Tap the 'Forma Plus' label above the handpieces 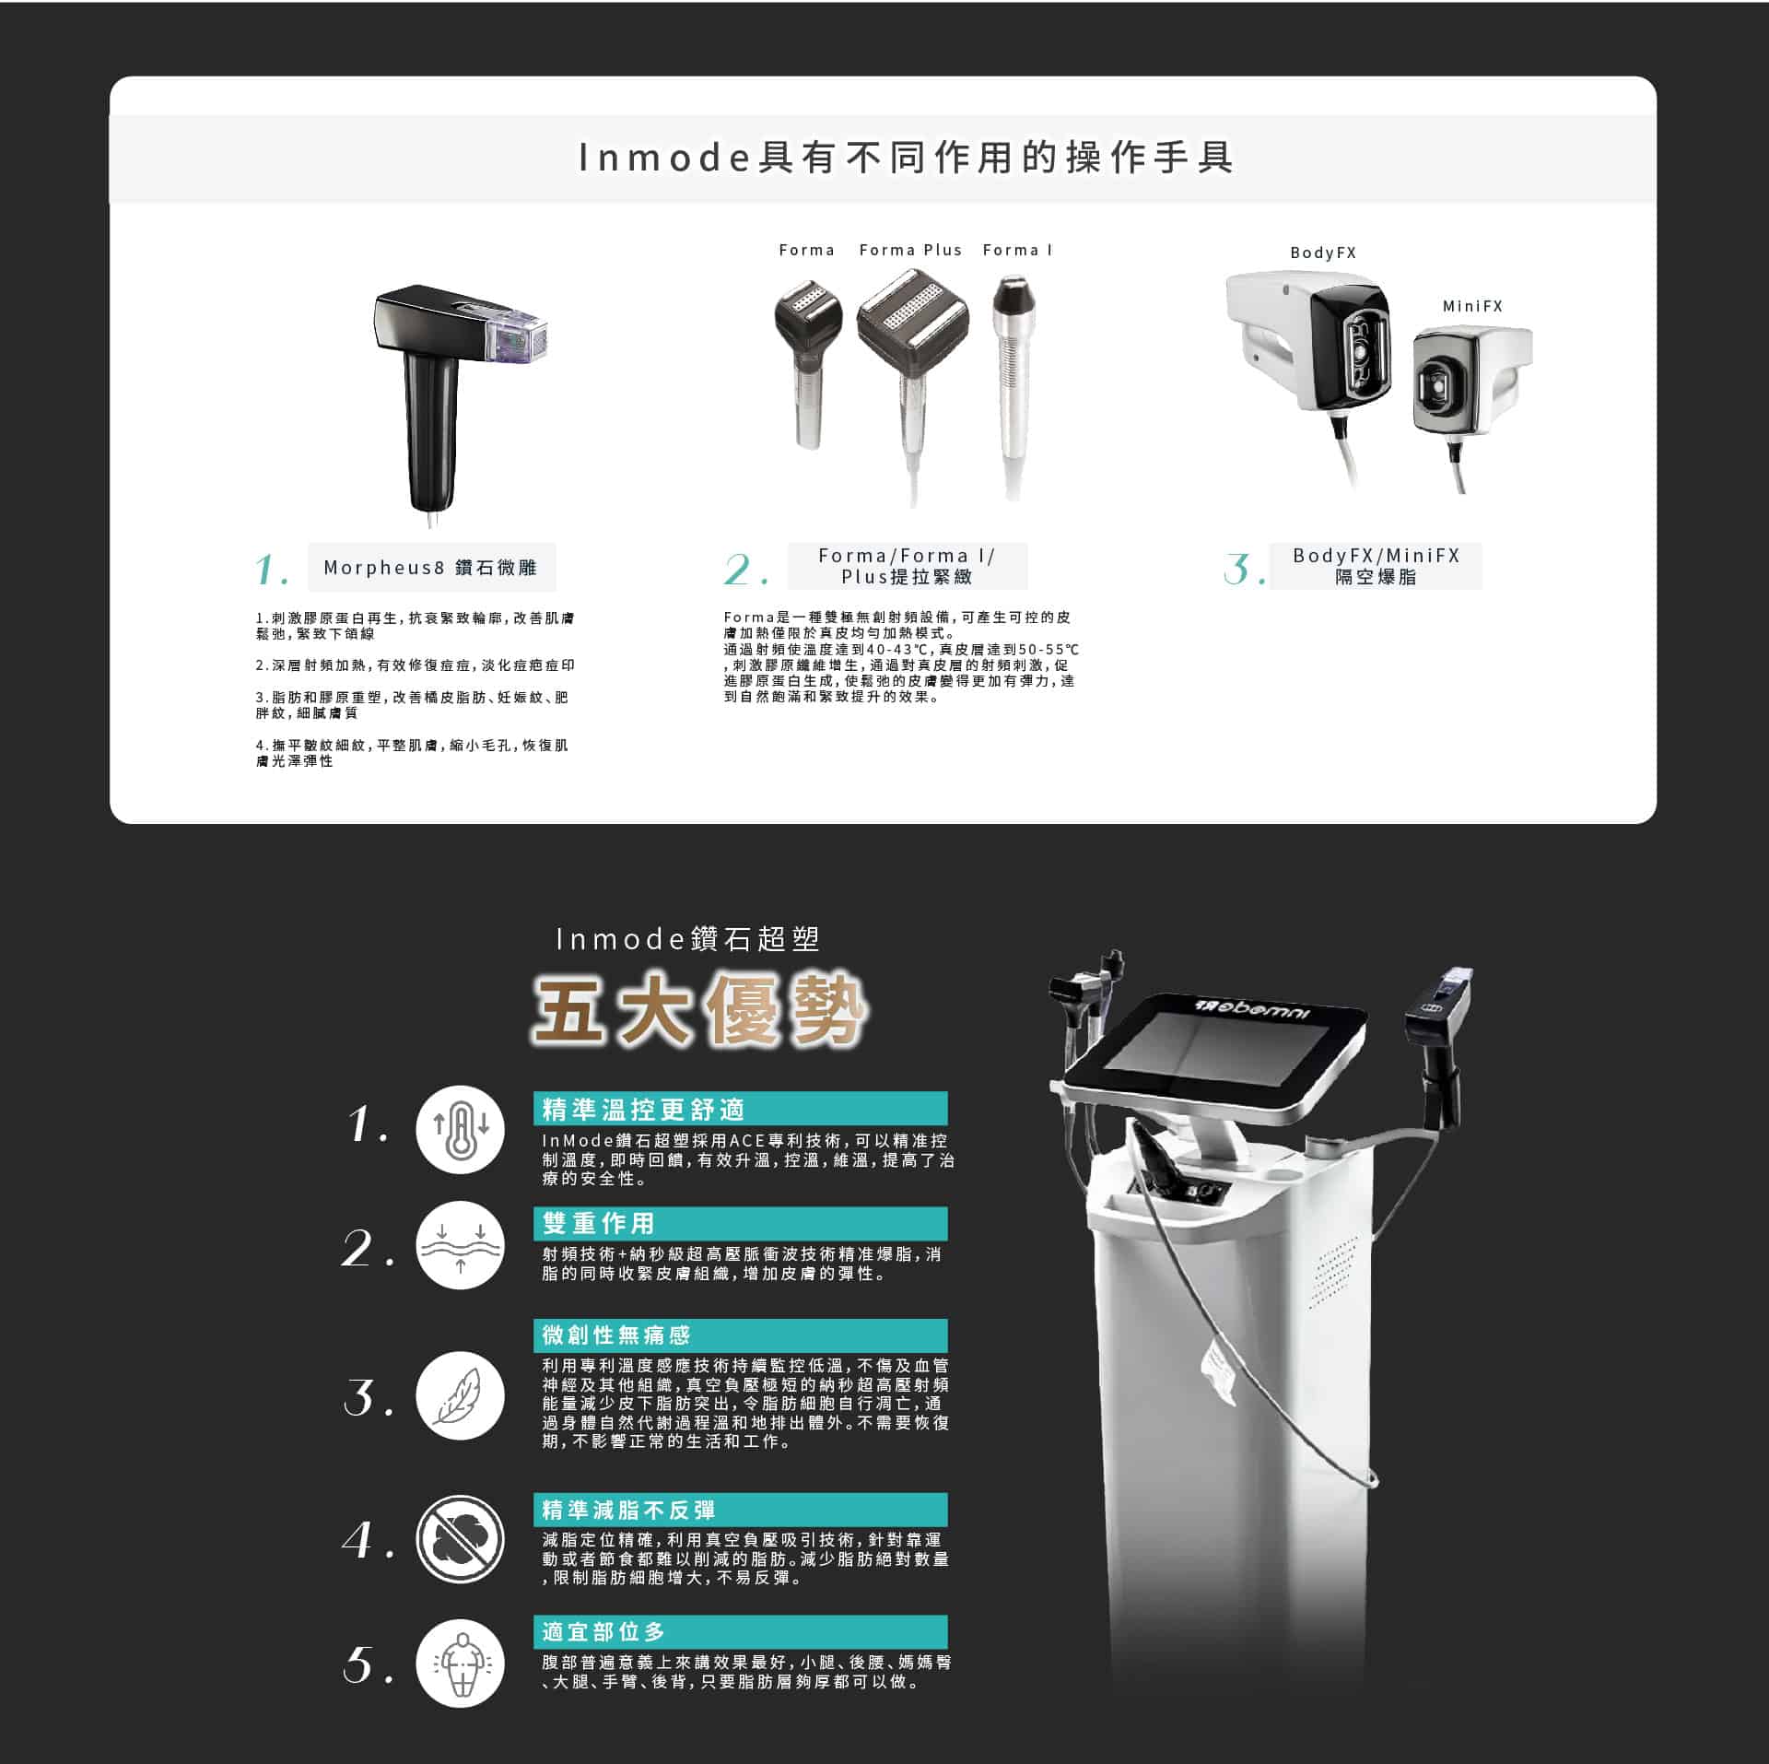pos(910,250)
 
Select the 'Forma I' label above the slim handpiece pos(1017,250)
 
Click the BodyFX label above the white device pos(1323,253)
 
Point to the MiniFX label pos(1472,306)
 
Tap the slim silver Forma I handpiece pos(1014,387)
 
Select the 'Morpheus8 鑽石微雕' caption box pos(431,568)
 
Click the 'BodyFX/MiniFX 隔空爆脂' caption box pos(1376,566)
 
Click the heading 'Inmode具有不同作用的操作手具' pos(906,158)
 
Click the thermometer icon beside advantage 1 pos(460,1130)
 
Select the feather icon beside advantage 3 pos(460,1395)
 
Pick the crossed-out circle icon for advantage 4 pos(460,1539)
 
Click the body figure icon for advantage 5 pos(460,1664)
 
